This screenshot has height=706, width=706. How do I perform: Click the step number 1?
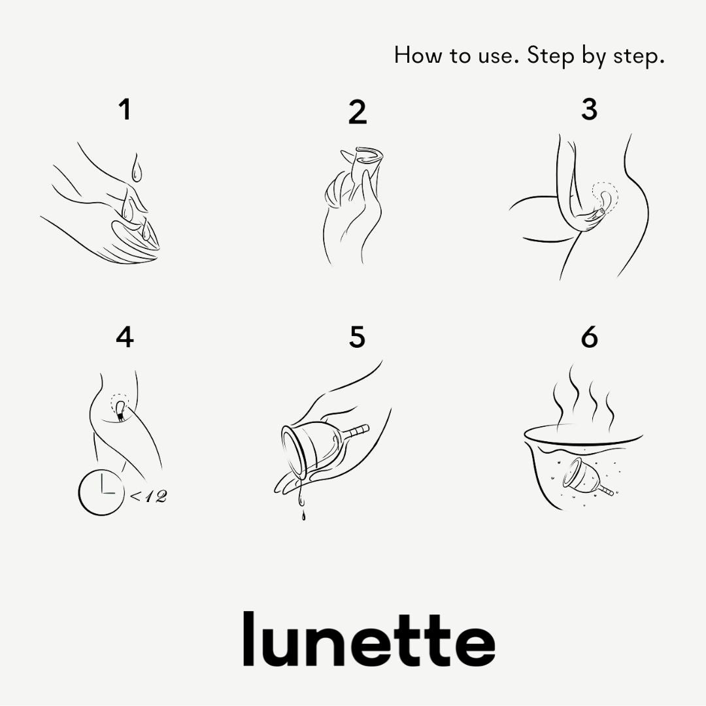click(125, 110)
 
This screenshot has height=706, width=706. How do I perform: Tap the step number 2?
click(358, 112)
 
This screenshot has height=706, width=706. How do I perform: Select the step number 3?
click(589, 110)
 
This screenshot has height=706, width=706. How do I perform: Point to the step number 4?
click(125, 337)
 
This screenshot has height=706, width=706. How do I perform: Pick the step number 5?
click(357, 337)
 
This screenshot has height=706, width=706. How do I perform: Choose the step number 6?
click(590, 337)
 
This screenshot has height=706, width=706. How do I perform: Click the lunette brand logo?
click(369, 639)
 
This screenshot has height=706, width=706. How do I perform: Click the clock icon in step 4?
click(101, 493)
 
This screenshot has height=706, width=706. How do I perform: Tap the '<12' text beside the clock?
click(149, 496)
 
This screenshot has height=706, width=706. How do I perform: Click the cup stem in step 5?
click(358, 431)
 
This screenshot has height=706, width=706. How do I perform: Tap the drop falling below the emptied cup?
click(303, 515)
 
